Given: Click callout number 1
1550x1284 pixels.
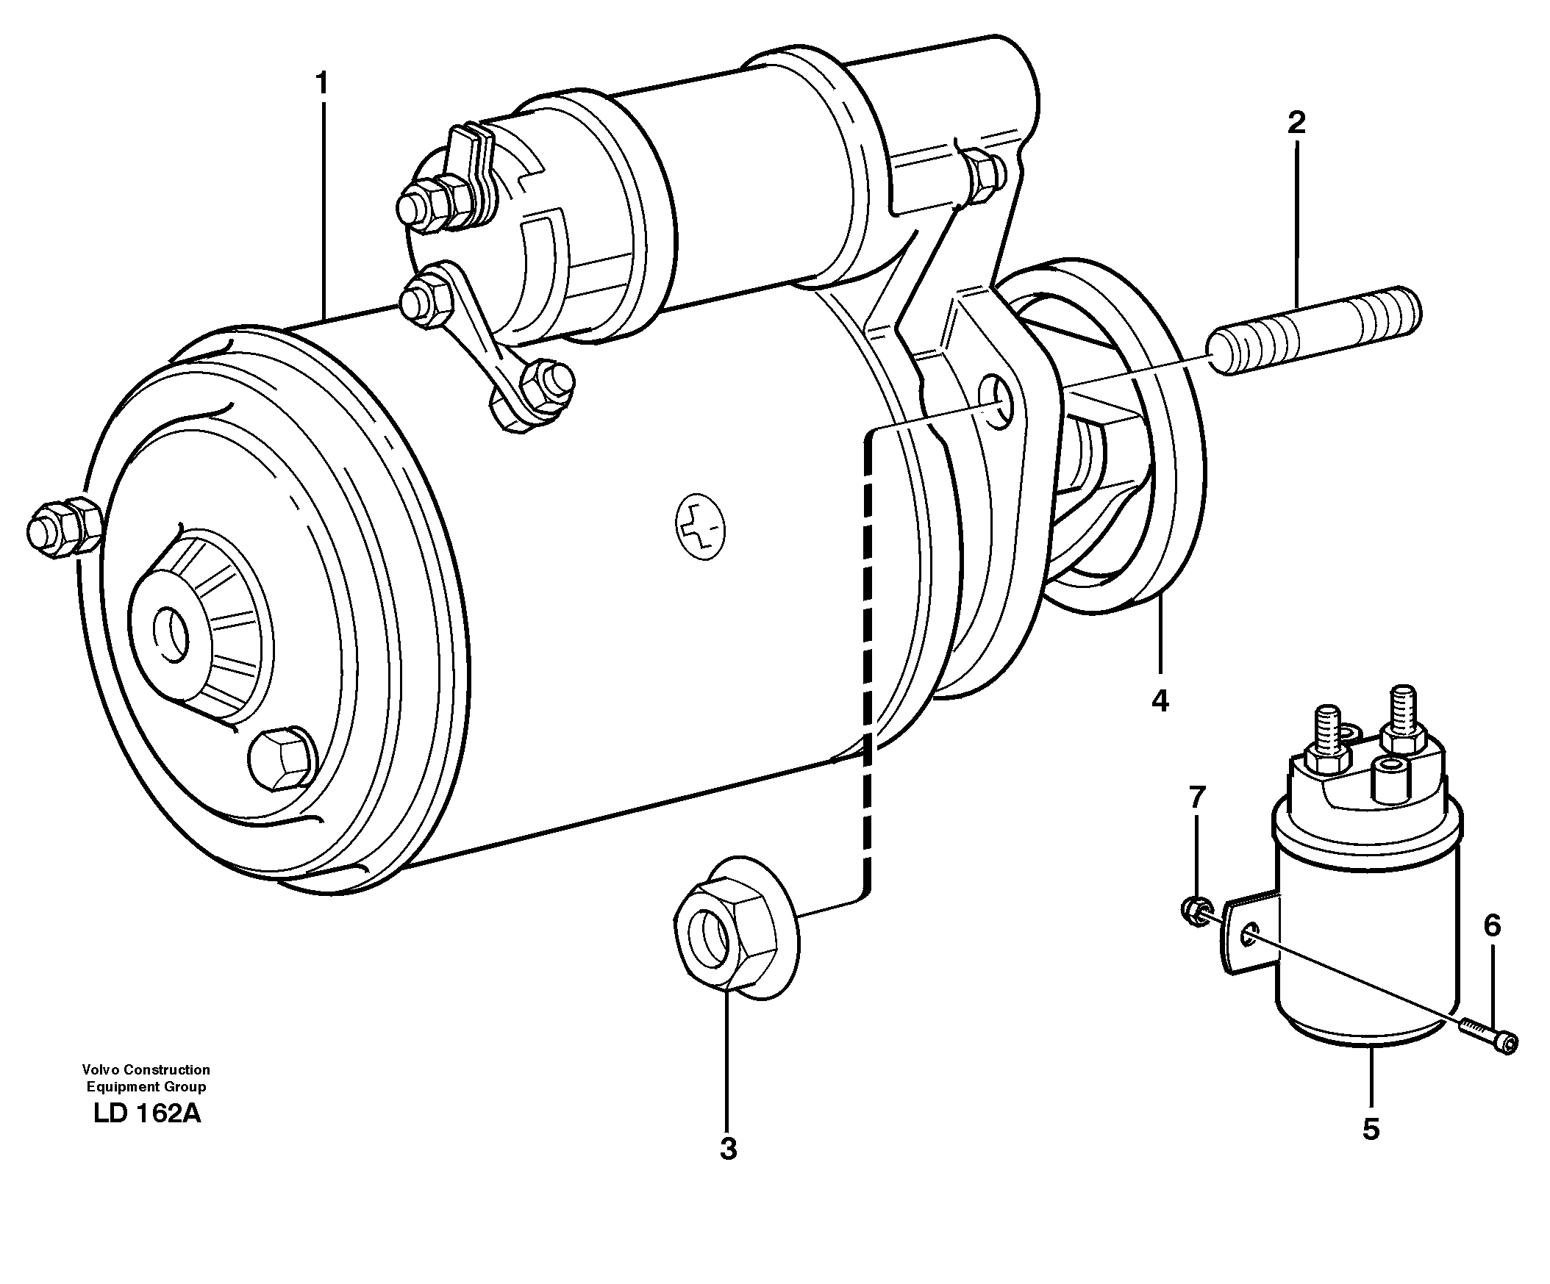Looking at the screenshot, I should [x=321, y=84].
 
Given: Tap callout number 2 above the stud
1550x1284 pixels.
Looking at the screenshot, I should [x=1296, y=123].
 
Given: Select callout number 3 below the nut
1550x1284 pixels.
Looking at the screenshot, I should [x=728, y=1148].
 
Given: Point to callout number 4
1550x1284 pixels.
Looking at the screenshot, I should [x=1160, y=700].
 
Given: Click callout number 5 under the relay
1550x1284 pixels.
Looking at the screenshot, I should [x=1371, y=1129].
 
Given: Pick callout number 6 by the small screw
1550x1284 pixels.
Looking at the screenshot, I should [x=1492, y=925].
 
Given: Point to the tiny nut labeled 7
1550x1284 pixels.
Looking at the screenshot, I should [x=1192, y=910].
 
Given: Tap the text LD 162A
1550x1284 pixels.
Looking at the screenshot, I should [x=147, y=1113].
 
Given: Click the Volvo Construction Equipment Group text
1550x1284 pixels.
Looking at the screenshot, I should [x=146, y=1077].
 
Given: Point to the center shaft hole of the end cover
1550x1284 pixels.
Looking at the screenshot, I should [x=171, y=634].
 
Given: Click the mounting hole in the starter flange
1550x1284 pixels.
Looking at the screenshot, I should [x=998, y=403].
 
